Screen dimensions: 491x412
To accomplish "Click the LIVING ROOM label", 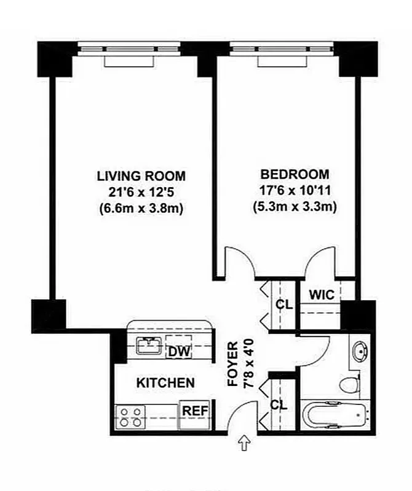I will click(141, 176).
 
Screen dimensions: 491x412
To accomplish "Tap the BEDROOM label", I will click(295, 174).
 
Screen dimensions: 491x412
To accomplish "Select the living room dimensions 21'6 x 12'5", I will click(141, 192).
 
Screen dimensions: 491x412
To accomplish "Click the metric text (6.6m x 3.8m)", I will click(141, 209).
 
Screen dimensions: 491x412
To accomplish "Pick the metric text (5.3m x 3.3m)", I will click(295, 207).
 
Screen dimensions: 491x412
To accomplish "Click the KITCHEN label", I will click(165, 383).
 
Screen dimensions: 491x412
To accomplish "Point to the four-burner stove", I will click(130, 417).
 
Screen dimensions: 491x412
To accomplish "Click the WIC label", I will click(322, 295).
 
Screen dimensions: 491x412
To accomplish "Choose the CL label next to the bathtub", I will click(279, 405).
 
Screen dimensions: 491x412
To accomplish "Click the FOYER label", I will click(233, 364).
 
